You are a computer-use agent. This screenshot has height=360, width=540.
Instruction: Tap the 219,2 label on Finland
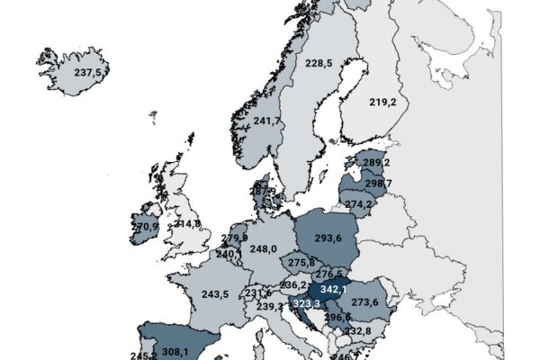pos(382,103)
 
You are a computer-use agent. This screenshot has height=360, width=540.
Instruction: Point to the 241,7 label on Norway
pos(266,121)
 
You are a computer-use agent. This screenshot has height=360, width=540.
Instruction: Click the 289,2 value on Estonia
pos(376,163)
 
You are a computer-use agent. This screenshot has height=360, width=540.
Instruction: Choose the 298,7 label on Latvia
pos(376,184)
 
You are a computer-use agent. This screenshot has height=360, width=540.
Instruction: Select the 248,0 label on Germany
pos(264,249)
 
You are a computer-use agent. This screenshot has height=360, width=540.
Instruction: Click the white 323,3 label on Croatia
pos(307,306)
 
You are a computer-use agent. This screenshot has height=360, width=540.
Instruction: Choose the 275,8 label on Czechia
pos(298,262)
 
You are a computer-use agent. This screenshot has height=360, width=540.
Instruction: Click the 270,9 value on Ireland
pos(146,228)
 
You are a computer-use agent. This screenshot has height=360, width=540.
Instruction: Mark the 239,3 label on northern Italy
pos(269,307)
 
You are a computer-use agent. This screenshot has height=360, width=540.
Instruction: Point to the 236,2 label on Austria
pos(294,285)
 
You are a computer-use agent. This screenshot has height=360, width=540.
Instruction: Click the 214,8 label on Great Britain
pos(187,223)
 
